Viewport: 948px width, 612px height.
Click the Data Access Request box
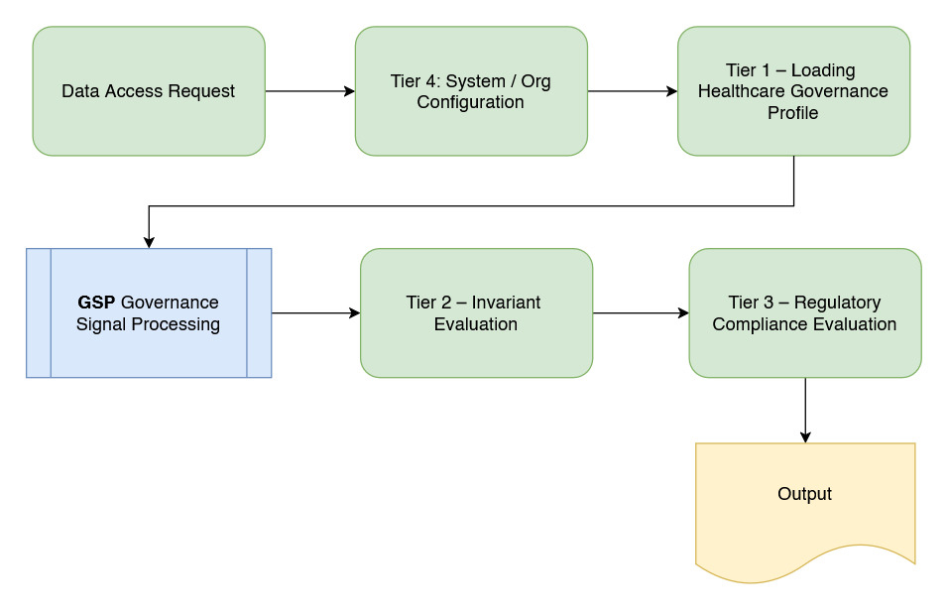click(x=149, y=91)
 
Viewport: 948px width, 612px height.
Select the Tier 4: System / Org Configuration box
click(x=471, y=91)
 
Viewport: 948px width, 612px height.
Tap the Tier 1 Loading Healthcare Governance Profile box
click(x=793, y=91)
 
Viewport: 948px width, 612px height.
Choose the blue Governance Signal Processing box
click(x=149, y=313)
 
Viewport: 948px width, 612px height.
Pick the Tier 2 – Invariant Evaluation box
click(x=476, y=313)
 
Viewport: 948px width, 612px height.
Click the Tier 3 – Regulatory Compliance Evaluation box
click(x=804, y=313)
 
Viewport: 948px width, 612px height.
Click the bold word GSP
click(x=97, y=303)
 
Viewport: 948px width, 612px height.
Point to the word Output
click(x=804, y=494)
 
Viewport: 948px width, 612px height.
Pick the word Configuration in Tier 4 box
click(x=470, y=102)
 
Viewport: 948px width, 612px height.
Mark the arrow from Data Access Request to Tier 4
click(x=309, y=91)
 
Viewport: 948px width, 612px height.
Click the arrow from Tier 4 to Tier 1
click(x=633, y=91)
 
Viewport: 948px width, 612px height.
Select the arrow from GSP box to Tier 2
click(x=315, y=313)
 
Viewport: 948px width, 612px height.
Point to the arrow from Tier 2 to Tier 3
click(x=641, y=313)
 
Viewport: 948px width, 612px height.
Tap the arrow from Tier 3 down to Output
click(x=804, y=409)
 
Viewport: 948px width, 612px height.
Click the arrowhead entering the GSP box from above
click(x=149, y=241)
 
